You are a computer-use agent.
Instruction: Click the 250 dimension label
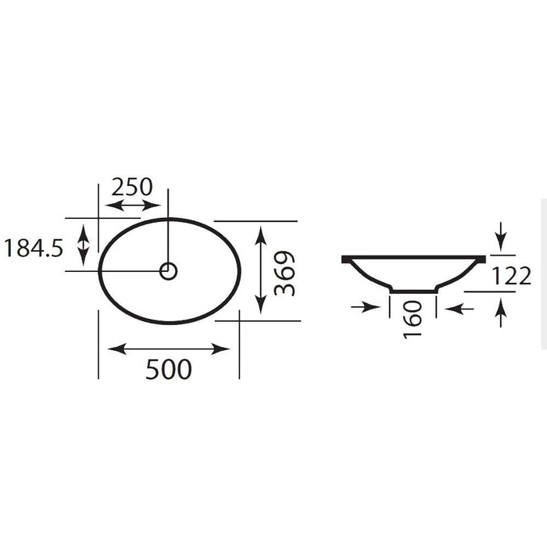coord(132,187)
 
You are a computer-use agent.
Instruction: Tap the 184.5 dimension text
coord(34,248)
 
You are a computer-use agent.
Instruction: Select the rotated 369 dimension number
coord(284,273)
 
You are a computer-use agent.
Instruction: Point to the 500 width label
coord(169,369)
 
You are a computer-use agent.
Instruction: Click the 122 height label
coord(511,276)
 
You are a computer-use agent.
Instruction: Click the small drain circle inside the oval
coord(169,271)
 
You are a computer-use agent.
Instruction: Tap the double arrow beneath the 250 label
coord(133,206)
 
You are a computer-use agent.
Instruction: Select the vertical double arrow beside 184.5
coord(83,245)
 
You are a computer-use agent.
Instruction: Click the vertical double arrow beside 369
coord(261,270)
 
